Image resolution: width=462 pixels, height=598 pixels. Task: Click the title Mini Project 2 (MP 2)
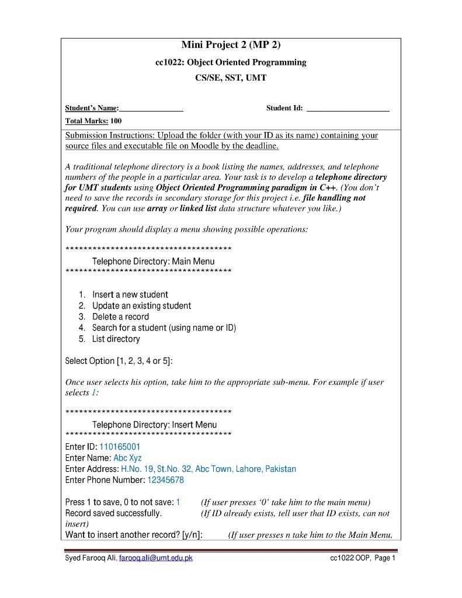231,45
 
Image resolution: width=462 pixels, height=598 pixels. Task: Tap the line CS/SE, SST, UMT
231,78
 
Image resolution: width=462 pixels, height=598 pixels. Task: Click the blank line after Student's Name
151,109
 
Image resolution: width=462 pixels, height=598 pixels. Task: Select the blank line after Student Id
348,109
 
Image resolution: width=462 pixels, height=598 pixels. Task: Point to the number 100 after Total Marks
116,121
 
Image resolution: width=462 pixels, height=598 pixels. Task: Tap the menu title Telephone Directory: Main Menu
153,262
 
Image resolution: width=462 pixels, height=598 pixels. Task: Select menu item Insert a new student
130,295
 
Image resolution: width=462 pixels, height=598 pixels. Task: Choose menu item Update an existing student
141,306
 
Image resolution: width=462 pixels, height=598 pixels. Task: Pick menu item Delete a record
120,317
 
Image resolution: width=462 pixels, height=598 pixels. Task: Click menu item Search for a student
164,328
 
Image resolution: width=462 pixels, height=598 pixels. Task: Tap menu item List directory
116,339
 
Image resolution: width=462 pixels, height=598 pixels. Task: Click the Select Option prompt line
119,361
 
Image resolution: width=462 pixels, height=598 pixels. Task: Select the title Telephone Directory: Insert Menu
154,425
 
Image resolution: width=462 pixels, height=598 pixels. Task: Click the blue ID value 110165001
120,447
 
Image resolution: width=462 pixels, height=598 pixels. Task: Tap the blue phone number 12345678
165,481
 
